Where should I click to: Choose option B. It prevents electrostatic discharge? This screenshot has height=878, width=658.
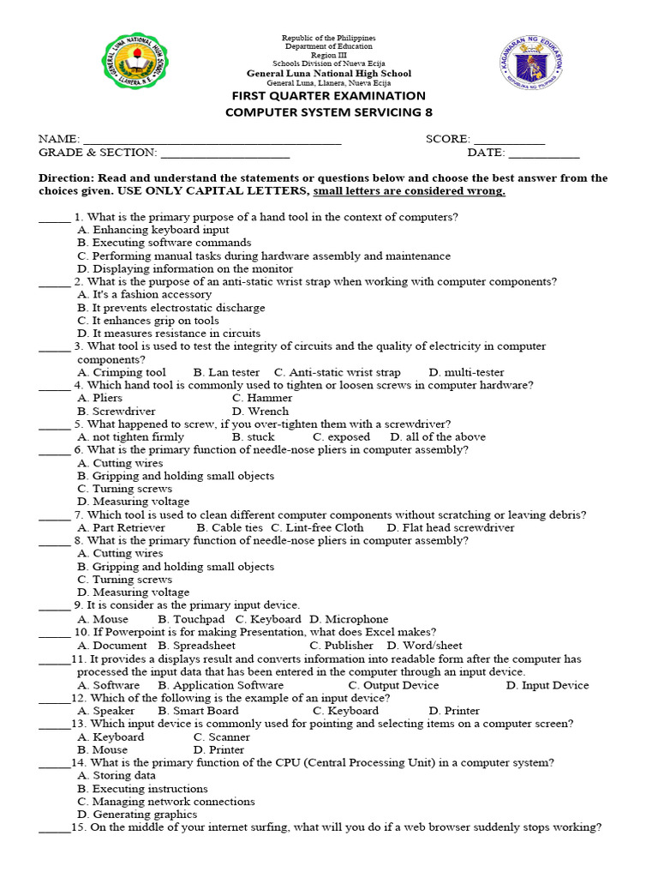[171, 308]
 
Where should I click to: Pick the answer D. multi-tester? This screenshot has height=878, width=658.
[467, 373]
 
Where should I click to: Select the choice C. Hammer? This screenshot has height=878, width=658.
[262, 398]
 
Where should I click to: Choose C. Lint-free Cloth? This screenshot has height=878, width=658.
[318, 528]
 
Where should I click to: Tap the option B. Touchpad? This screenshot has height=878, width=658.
[192, 619]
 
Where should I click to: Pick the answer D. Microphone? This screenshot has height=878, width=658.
[349, 619]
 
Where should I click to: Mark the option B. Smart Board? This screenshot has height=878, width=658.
[198, 711]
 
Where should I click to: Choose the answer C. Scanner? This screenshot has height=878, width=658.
[222, 737]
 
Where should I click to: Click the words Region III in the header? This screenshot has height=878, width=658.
[329, 55]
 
